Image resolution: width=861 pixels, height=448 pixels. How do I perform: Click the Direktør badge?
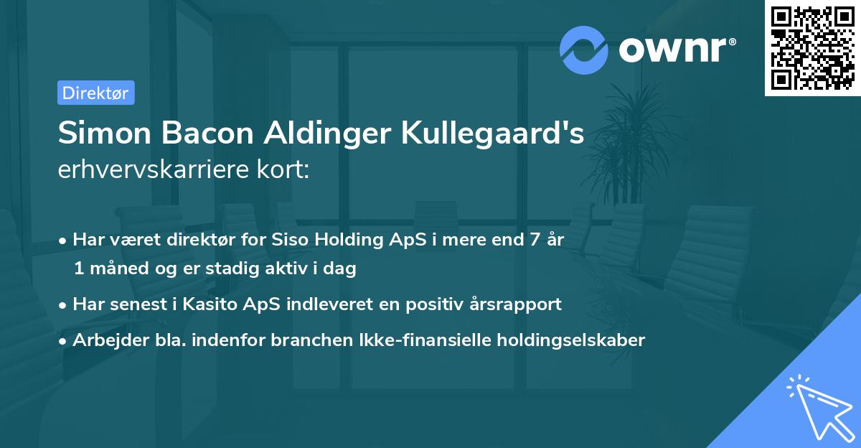pyautogui.click(x=95, y=93)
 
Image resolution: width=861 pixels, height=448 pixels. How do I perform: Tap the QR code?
pyautogui.click(x=812, y=48)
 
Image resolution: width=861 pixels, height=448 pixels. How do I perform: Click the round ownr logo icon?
pyautogui.click(x=584, y=50)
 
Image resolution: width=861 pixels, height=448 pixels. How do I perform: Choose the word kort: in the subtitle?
pyautogui.click(x=286, y=170)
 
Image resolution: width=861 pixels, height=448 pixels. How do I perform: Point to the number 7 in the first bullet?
pyautogui.click(x=533, y=240)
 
